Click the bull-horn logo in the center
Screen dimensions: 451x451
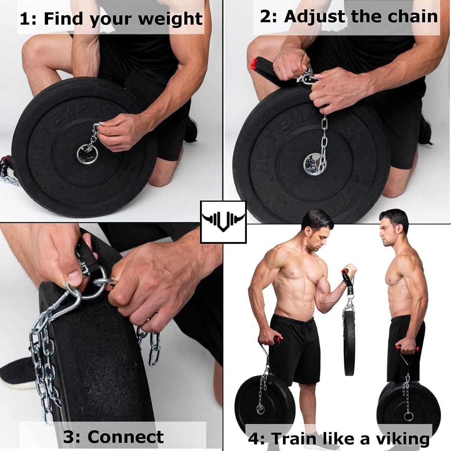tap(223, 222)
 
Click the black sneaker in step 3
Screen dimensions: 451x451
tap(17, 372)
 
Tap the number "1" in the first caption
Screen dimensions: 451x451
tap(24, 19)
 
